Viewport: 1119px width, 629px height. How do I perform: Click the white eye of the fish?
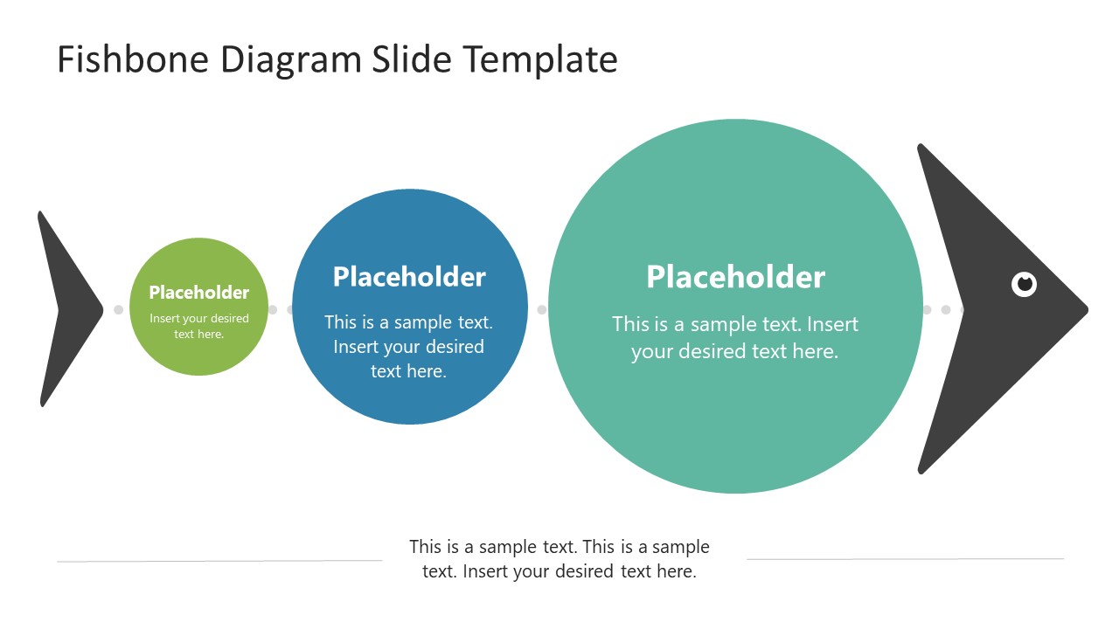coord(1024,284)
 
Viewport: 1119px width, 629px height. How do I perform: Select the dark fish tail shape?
coord(66,308)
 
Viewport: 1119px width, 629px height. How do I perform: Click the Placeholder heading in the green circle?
coord(198,293)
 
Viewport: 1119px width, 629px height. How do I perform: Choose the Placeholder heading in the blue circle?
coord(409,277)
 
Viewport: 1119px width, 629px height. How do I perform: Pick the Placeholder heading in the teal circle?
coord(735,277)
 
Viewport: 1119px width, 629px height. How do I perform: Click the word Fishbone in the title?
coord(133,59)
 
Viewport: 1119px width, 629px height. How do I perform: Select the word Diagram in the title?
coord(291,59)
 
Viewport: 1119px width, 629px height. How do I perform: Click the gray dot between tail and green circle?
coord(119,309)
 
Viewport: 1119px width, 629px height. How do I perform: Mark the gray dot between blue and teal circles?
coord(541,309)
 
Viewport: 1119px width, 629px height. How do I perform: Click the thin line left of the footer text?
coord(219,561)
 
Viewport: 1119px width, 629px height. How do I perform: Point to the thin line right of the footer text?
coord(905,559)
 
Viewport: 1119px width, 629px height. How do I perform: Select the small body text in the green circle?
coord(199,326)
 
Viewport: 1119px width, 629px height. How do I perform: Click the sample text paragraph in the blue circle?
coord(408,347)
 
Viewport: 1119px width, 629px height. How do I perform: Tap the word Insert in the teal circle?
coord(832,324)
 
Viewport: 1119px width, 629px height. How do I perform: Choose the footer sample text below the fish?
coord(559,559)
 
